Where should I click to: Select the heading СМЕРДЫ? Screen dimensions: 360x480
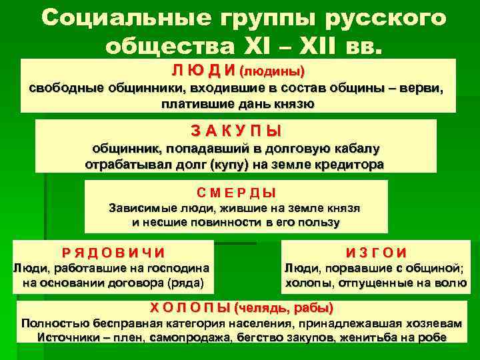point(237,193)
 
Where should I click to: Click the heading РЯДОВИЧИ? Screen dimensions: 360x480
point(113,253)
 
